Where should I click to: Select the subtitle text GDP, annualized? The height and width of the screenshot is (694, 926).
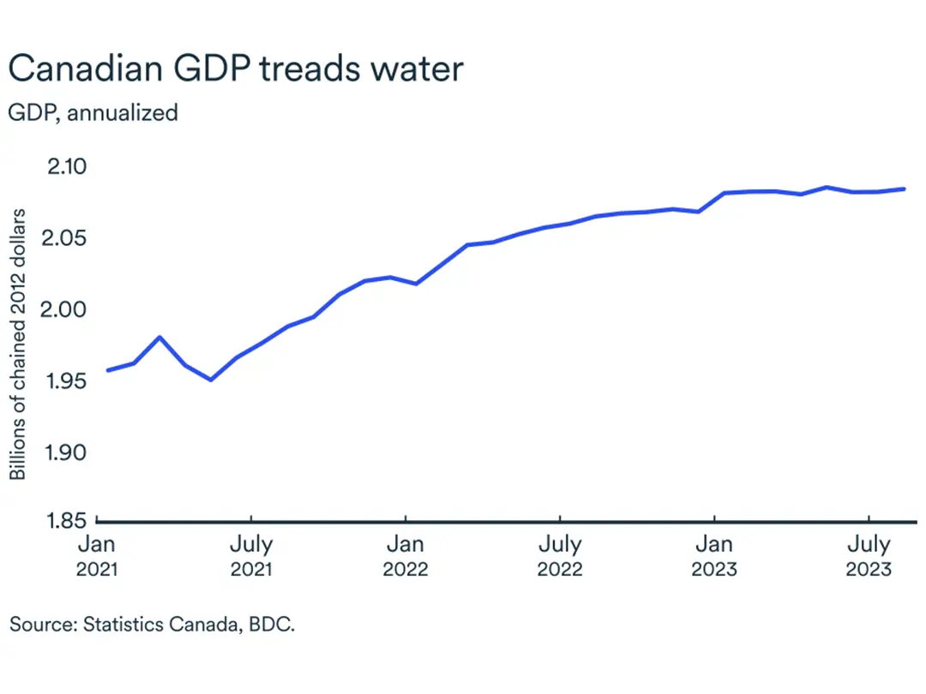[x=93, y=112]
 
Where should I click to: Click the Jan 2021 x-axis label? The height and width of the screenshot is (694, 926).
[x=96, y=556]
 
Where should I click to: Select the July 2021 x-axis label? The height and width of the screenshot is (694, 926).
[x=251, y=556]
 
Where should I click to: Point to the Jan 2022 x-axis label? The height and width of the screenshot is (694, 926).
[x=405, y=556]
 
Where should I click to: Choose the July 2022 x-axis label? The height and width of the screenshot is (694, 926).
[x=560, y=556]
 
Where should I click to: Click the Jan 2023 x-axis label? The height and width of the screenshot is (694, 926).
[x=714, y=556]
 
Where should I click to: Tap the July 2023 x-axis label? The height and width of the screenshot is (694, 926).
[x=869, y=556]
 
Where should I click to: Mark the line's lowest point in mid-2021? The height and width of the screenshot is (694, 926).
[x=211, y=380]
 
